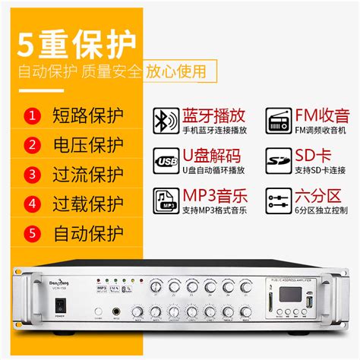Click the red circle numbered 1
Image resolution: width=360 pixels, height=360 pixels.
point(32,116)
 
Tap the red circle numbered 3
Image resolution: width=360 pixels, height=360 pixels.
point(32,174)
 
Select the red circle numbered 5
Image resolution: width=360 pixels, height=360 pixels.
point(32,232)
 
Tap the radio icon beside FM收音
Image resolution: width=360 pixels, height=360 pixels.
point(278,119)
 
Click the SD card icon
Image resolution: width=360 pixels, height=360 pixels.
point(278,161)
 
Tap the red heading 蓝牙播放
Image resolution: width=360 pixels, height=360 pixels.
point(212,115)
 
